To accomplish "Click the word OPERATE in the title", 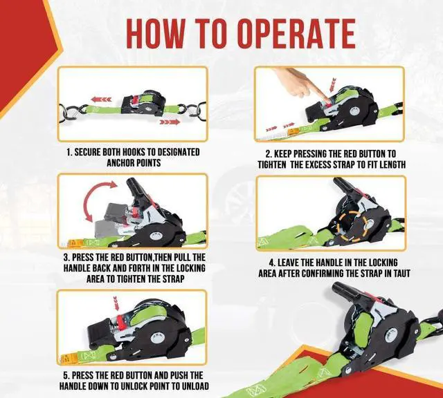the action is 296,34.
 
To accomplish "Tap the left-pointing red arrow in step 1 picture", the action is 101,99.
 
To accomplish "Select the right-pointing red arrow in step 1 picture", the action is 170,122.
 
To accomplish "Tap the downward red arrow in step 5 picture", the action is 116,303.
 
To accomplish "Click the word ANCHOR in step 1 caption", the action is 120,163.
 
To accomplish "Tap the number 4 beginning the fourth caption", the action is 272,263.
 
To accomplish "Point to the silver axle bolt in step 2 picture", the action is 354,111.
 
